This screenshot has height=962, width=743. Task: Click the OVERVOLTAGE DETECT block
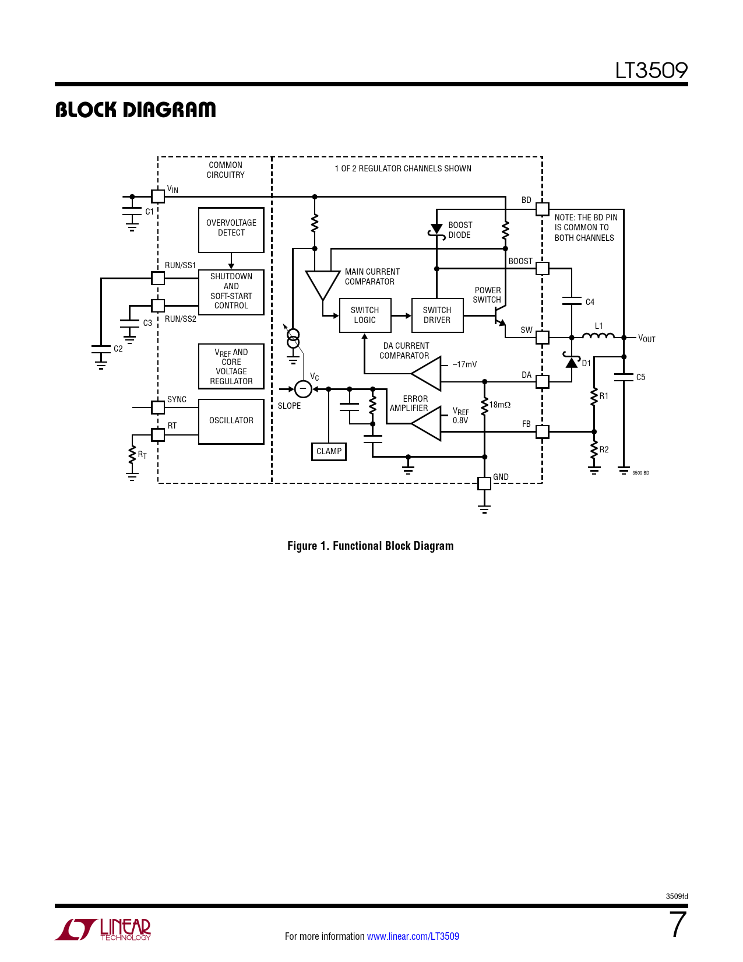click(231, 230)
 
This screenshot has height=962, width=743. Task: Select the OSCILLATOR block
click(231, 421)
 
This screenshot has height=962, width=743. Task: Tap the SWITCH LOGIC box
click(365, 315)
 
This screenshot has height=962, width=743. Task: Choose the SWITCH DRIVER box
click(437, 315)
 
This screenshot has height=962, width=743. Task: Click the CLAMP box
click(329, 452)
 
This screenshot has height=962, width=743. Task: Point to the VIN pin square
click(158, 196)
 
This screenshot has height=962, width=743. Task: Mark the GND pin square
click(484, 483)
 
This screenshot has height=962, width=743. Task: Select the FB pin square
click(543, 431)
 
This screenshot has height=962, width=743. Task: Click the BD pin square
click(543, 209)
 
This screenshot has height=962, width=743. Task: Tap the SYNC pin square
click(158, 407)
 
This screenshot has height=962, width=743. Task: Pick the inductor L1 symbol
click(598, 335)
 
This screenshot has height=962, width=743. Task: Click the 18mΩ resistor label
click(500, 405)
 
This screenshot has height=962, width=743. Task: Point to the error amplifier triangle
click(428, 423)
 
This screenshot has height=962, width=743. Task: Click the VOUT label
click(647, 339)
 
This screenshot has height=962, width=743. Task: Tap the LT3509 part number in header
click(651, 71)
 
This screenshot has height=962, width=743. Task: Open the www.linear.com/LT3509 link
click(413, 936)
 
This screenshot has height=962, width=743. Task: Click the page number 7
click(677, 925)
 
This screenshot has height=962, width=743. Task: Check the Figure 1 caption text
click(370, 546)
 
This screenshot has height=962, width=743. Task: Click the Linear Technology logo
click(103, 929)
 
